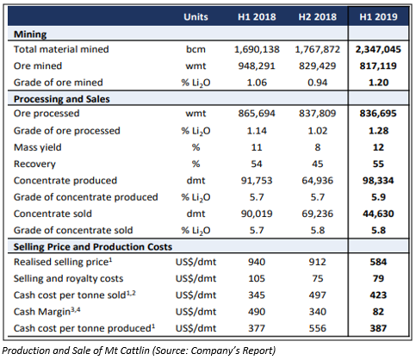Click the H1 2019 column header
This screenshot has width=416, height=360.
pos(378,17)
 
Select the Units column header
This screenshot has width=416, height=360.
pos(196,17)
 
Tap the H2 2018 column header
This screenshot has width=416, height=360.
pos(318,17)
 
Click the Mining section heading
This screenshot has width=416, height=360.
pos(30,34)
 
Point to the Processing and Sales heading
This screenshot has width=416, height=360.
pos(62,99)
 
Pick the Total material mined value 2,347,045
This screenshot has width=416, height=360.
pos(378,49)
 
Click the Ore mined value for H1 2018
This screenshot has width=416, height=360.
pos(257,66)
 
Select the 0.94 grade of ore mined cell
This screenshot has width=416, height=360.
pos(318,83)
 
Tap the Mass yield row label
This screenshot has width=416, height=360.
pos(38,147)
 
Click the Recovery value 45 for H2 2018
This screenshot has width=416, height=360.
pos(318,164)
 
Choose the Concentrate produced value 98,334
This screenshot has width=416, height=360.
pos(378,181)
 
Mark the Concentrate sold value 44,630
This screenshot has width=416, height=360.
pos(378,214)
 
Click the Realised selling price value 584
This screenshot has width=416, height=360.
pos(378,262)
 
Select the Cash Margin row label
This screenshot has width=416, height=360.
pos(47,312)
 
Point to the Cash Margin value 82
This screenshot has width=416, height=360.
pos(378,312)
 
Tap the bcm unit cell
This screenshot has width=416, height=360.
pos(196,49)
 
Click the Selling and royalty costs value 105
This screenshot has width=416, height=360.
pos(257,278)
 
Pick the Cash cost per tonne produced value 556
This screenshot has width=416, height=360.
pos(318,328)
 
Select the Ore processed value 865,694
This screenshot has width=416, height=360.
pos(257,114)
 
